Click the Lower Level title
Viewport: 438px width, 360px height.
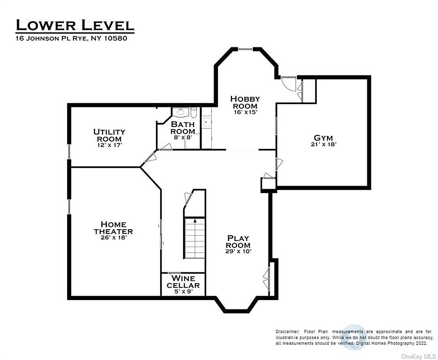[x=75, y=25]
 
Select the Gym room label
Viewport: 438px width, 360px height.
[x=324, y=138]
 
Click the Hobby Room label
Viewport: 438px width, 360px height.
[x=245, y=102]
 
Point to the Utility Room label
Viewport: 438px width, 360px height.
[x=109, y=135]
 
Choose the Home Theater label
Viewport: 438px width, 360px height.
[x=113, y=228]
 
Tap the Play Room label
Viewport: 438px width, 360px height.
[x=238, y=242]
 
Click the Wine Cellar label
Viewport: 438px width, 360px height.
[x=183, y=282]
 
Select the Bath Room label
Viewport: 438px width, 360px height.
[x=183, y=127]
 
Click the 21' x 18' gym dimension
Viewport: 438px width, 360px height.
[x=324, y=144]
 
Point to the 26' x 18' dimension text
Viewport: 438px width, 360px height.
[x=114, y=238]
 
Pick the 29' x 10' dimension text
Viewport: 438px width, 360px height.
[x=238, y=251]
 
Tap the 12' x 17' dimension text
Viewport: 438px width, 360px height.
[x=109, y=145]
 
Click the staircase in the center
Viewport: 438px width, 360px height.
[x=195, y=238]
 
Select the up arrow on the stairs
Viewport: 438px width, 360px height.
[x=195, y=220]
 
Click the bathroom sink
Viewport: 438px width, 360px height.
[x=180, y=112]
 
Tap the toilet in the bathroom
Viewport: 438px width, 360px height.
[x=194, y=112]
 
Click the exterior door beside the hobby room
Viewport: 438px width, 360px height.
[x=289, y=84]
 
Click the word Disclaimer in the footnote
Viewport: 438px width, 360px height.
[x=288, y=332]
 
